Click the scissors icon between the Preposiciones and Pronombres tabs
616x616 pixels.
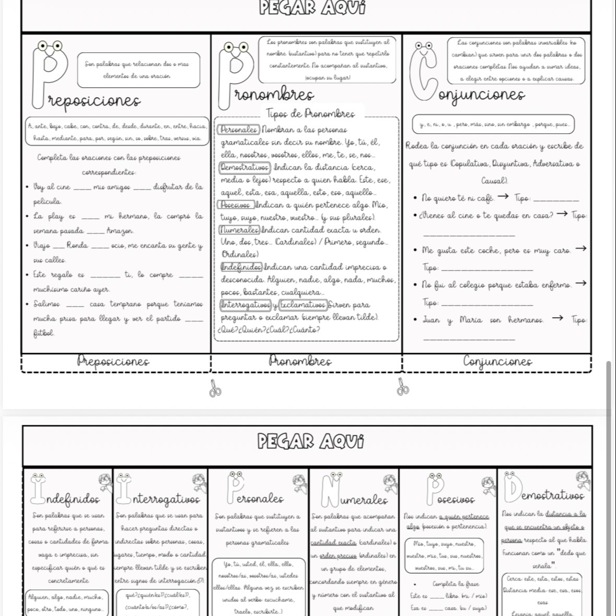(x=215, y=388)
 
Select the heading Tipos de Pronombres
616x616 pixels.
(x=310, y=113)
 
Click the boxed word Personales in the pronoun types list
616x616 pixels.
(x=238, y=129)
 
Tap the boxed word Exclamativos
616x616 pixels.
(x=303, y=305)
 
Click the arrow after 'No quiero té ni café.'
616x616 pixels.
(x=503, y=197)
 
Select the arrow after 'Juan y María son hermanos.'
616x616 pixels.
(x=557, y=318)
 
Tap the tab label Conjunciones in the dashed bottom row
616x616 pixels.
(x=497, y=362)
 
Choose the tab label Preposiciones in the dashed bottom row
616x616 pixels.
(x=113, y=361)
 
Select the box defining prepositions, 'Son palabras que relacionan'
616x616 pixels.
(x=138, y=69)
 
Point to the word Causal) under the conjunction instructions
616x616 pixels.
(x=494, y=181)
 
